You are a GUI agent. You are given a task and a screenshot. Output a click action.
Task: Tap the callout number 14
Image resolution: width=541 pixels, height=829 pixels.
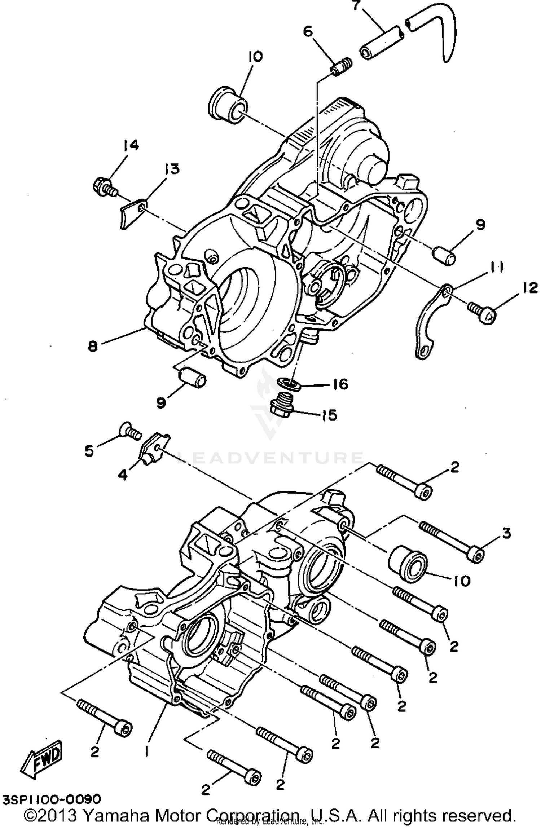[130, 146]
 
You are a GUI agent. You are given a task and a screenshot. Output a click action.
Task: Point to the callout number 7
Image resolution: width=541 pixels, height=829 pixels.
[356, 6]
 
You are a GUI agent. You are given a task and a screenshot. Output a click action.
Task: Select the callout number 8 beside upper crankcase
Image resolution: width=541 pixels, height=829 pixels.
[93, 346]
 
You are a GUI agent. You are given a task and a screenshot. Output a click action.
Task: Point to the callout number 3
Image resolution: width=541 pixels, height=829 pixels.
[506, 533]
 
